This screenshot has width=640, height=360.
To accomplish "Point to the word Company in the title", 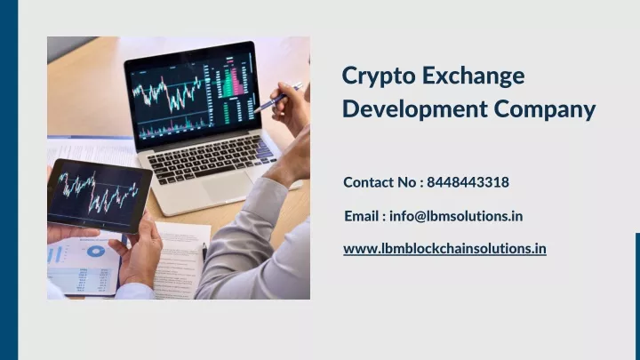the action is pos(545,110).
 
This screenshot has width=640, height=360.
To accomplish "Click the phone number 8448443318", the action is pos(468,182).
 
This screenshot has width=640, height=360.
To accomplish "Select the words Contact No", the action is pos(380,182).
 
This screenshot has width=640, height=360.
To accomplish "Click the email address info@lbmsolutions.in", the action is pos(456,215).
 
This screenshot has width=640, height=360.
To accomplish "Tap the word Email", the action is pos(362,215).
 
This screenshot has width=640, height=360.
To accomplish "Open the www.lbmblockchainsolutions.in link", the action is pos(444,249).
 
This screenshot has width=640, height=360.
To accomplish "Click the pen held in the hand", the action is pos(278,97).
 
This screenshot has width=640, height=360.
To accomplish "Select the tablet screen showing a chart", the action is pos(97,194).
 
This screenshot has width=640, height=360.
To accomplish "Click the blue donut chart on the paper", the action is pos(95,252).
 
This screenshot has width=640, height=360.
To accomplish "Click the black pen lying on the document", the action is pos(204,252).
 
